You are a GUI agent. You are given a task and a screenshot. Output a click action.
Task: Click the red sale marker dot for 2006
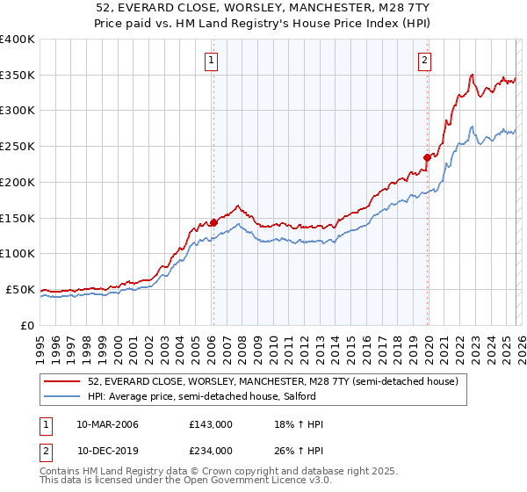tap(213, 222)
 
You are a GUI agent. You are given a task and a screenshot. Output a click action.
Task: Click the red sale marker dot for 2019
tap(427, 157)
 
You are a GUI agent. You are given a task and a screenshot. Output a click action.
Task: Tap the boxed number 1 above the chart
tap(213, 61)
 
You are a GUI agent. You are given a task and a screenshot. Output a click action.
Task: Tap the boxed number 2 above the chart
tap(424, 61)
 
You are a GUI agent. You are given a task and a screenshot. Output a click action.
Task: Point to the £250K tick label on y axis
tap(18, 147)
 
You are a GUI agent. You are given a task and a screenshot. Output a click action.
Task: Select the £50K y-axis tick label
tap(20, 289)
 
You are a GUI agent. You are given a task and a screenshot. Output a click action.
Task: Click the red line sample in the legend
tap(62, 382)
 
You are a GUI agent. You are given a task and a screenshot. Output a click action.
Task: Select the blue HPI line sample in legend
tap(62, 397)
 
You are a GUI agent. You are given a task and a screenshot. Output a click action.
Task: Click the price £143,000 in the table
tap(211, 425)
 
